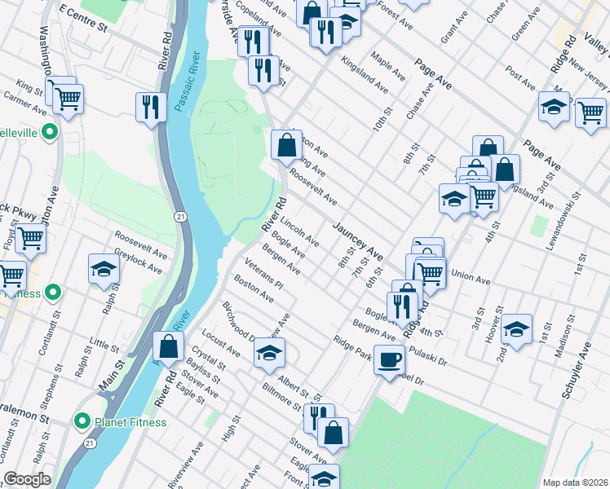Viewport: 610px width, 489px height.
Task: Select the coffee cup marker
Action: pyautogui.click(x=390, y=358)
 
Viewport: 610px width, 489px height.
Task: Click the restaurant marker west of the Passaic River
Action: pyautogui.click(x=150, y=108)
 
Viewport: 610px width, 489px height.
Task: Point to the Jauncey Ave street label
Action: pyautogui.click(x=357, y=240)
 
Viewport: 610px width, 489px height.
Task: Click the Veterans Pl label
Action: pyautogui.click(x=263, y=275)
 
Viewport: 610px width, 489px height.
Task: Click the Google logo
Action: pyautogui.click(x=27, y=479)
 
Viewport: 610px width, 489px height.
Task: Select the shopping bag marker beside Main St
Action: pyautogui.click(x=168, y=346)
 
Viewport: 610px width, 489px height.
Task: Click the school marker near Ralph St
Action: pyautogui.click(x=104, y=271)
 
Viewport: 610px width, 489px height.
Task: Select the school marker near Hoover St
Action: pyautogui.click(x=516, y=329)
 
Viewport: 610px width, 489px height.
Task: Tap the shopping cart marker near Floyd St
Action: pyautogui.click(x=30, y=239)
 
